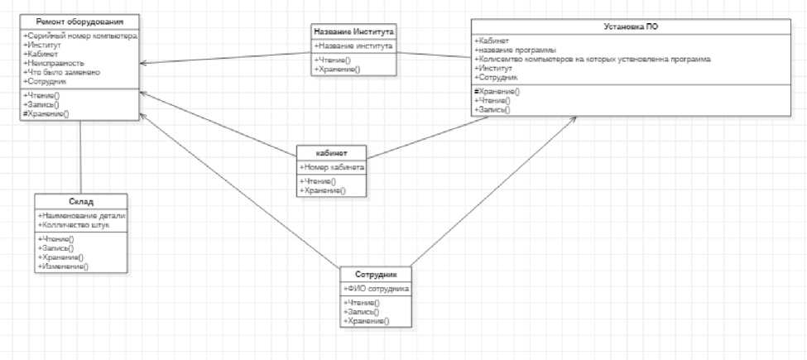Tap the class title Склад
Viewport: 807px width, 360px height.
(x=81, y=201)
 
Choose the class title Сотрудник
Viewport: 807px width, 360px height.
(x=376, y=275)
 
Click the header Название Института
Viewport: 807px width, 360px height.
(x=354, y=32)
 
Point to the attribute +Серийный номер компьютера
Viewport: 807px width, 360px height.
(x=80, y=36)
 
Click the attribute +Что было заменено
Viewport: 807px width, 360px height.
(x=63, y=73)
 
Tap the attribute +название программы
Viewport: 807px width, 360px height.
(x=514, y=50)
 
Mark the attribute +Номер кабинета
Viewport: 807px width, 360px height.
(x=331, y=168)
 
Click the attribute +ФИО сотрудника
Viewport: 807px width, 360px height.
(x=376, y=289)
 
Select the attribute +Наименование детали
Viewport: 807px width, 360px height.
(x=80, y=215)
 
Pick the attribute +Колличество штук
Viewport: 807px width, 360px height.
(x=74, y=224)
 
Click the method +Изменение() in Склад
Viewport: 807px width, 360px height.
(x=62, y=266)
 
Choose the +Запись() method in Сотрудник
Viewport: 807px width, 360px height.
(x=362, y=312)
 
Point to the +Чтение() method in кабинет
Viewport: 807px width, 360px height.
(x=319, y=181)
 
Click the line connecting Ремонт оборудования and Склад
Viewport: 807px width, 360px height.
(x=81, y=157)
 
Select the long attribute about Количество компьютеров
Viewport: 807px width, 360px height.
(x=591, y=60)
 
